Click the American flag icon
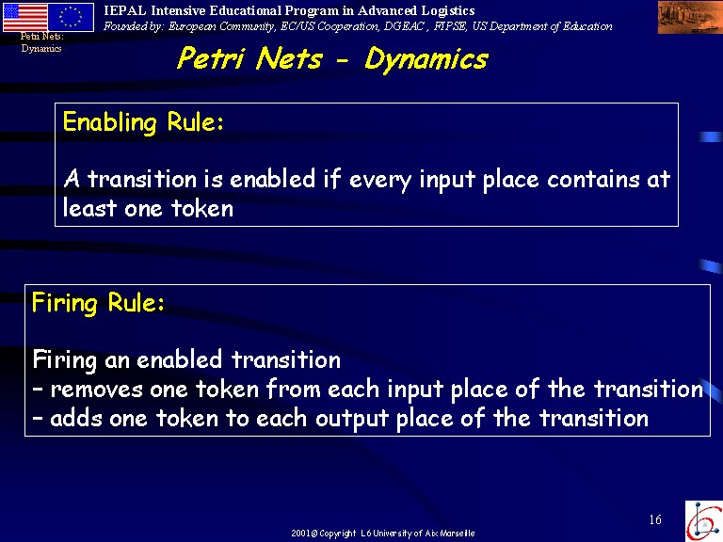click(24, 17)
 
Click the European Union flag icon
click(71, 17)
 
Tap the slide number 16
click(655, 519)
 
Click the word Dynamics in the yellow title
click(426, 59)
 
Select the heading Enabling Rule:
click(143, 122)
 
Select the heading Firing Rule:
click(98, 304)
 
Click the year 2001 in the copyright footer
click(300, 534)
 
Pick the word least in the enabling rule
click(89, 207)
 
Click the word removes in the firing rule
click(96, 390)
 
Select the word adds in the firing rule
click(75, 418)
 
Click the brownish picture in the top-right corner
click(690, 17)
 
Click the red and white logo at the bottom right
click(704, 520)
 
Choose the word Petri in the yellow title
click(211, 58)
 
